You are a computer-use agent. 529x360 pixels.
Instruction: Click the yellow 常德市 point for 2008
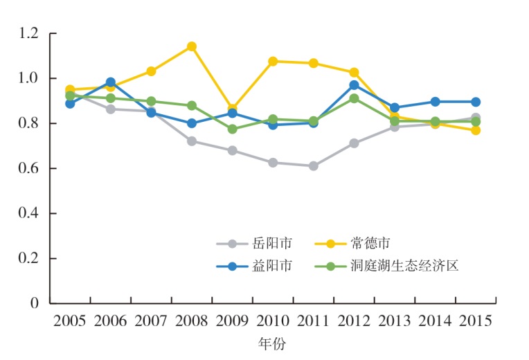coord(192,46)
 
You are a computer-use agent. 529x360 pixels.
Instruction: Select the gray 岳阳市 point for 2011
coord(314,166)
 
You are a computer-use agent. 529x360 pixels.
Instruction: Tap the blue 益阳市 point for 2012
coord(354,85)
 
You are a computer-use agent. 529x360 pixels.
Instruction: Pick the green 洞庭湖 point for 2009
coord(233,129)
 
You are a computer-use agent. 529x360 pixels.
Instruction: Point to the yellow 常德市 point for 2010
coord(273,62)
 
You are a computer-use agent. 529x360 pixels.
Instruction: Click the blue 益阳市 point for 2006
coord(111,82)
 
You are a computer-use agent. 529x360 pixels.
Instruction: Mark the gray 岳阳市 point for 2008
coord(192,141)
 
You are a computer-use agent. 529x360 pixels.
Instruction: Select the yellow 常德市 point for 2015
coord(476,130)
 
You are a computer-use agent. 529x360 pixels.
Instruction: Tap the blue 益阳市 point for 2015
coord(476,102)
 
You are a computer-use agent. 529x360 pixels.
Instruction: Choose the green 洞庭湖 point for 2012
coord(354,98)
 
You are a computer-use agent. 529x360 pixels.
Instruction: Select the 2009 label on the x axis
coord(233,321)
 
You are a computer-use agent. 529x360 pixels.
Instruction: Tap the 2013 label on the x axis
coord(395,321)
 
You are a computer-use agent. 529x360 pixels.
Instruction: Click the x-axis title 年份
coord(271,343)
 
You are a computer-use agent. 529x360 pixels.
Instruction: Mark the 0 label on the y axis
coord(35,303)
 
